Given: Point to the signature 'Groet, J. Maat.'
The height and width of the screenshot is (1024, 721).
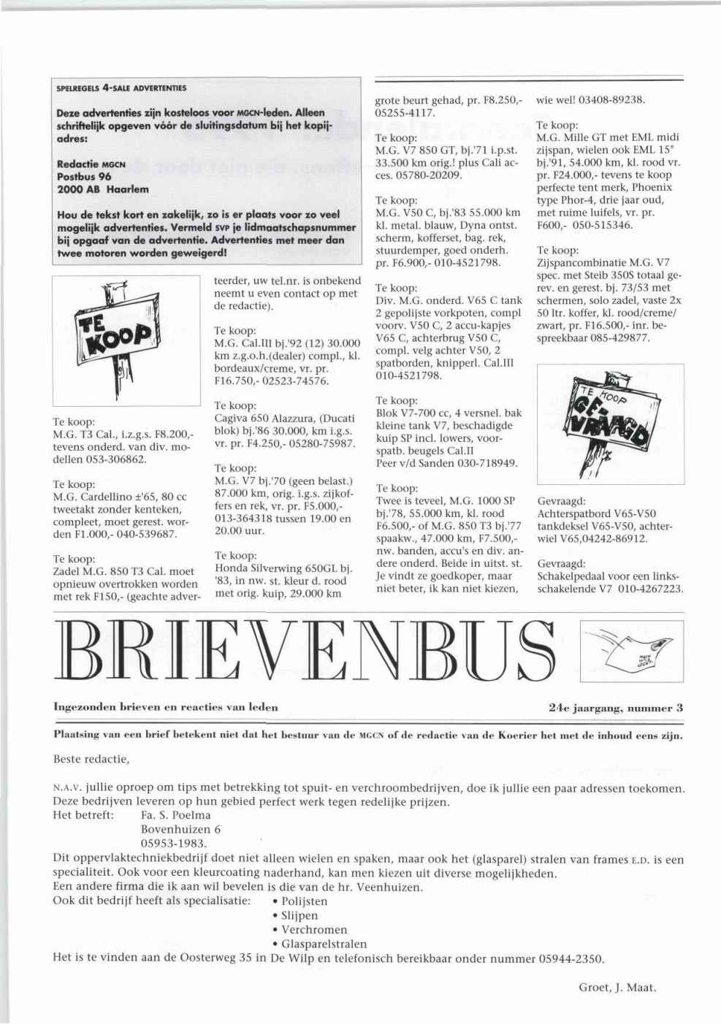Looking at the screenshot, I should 617,987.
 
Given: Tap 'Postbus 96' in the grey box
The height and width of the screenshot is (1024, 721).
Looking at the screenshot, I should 84,176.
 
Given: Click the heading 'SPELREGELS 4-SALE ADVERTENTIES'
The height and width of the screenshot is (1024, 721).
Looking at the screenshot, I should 121,88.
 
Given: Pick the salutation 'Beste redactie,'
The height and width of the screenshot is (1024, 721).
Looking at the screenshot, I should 91,759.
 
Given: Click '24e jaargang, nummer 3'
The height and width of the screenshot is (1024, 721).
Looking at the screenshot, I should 615,707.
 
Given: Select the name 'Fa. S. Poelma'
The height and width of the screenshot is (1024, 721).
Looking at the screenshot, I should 175,814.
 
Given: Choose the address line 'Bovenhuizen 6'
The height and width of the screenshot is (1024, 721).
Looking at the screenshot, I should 180,829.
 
